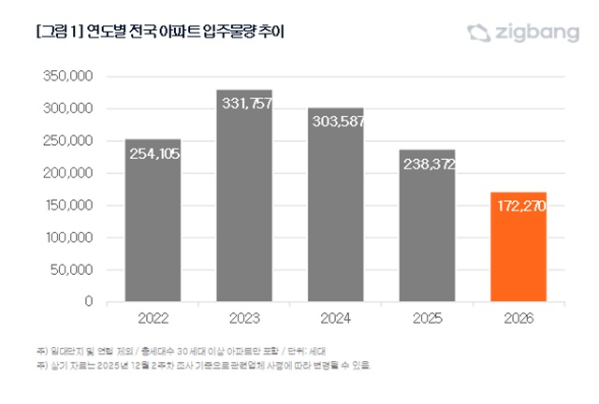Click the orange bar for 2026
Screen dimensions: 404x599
pyautogui.click(x=519, y=248)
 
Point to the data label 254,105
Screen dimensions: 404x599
pyautogui.click(x=153, y=154)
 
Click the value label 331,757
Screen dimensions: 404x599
pyautogui.click(x=245, y=104)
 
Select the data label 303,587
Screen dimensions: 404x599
pyautogui.click(x=336, y=123)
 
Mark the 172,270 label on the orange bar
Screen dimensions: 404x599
pyautogui.click(x=519, y=206)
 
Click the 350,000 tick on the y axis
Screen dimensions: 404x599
pyautogui.click(x=67, y=76)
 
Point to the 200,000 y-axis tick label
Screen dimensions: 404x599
pyautogui.click(x=67, y=173)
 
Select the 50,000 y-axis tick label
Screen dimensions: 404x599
pyautogui.click(x=71, y=270)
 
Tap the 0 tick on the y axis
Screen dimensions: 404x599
pyautogui.click(x=88, y=302)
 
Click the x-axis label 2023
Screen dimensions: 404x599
pyautogui.click(x=244, y=319)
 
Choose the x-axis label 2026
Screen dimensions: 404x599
pyautogui.click(x=519, y=319)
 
